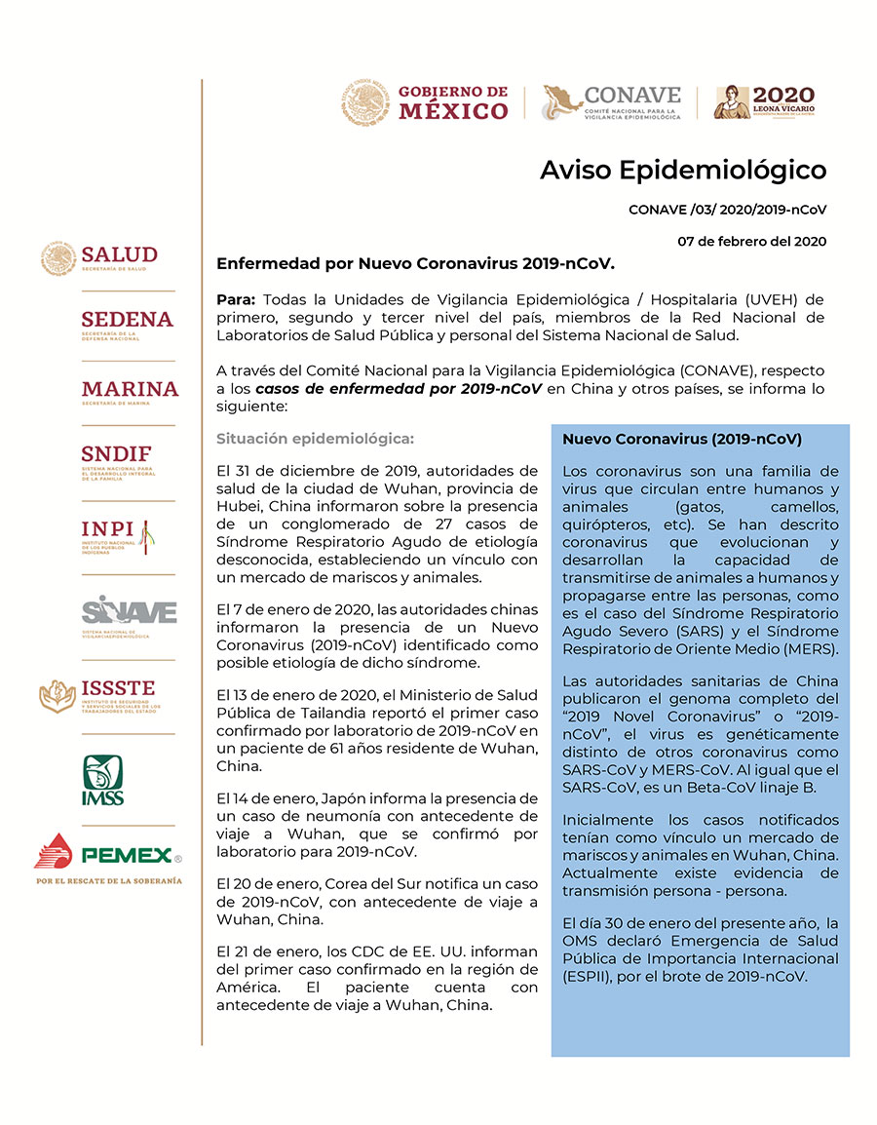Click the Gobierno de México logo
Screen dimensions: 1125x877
coord(426,102)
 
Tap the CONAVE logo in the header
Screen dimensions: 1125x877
coord(612,102)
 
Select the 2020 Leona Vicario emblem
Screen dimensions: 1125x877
coord(764,102)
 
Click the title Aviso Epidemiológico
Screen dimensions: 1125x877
coord(683,170)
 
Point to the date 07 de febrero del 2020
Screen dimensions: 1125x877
coord(751,242)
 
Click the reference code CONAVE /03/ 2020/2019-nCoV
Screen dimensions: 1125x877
coord(727,210)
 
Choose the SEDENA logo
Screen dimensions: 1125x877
coord(127,324)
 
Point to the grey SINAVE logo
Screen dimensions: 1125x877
coord(129,614)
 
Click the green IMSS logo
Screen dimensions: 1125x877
coord(102,781)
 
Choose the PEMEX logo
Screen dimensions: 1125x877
coord(107,857)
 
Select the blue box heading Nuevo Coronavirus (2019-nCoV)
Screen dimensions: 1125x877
coord(682,440)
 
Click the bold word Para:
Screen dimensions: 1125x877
coord(237,298)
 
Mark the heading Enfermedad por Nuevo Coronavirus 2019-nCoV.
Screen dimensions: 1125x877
coord(415,263)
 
